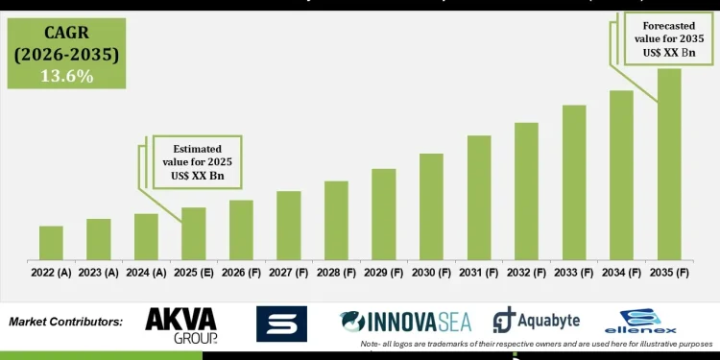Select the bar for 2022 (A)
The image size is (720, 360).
pyautogui.click(x=51, y=243)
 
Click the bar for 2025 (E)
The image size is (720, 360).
pyautogui.click(x=194, y=233)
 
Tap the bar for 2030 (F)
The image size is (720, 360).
pyautogui.click(x=431, y=206)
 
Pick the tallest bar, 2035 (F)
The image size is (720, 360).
pyautogui.click(x=669, y=163)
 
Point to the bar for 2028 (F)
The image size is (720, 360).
pyautogui.click(x=336, y=220)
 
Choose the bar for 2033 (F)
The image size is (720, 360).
pyautogui.click(x=574, y=181)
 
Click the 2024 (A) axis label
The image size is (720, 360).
pyautogui.click(x=146, y=273)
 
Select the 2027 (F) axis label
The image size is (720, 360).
pyautogui.click(x=289, y=273)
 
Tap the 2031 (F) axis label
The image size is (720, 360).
pyautogui.click(x=479, y=273)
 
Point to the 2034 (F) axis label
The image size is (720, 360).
pyautogui.click(x=621, y=273)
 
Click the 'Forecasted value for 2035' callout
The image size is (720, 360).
pyautogui.click(x=670, y=38)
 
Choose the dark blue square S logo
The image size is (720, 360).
pyautogui.click(x=281, y=324)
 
